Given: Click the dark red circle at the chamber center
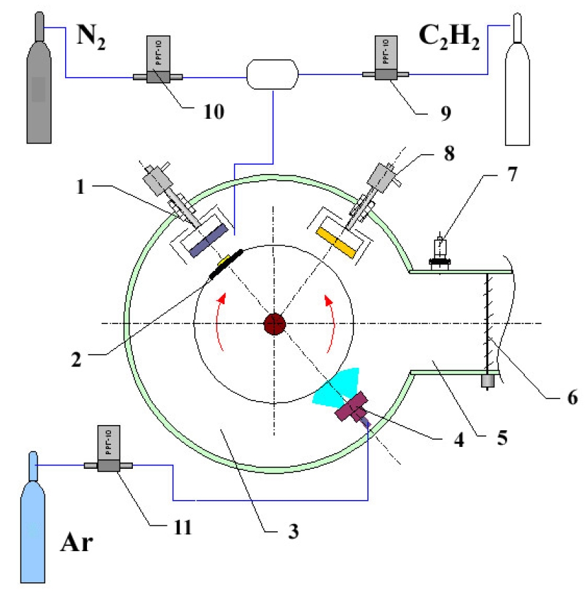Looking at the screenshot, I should click(274, 325).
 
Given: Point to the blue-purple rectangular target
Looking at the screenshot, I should click(209, 240).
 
